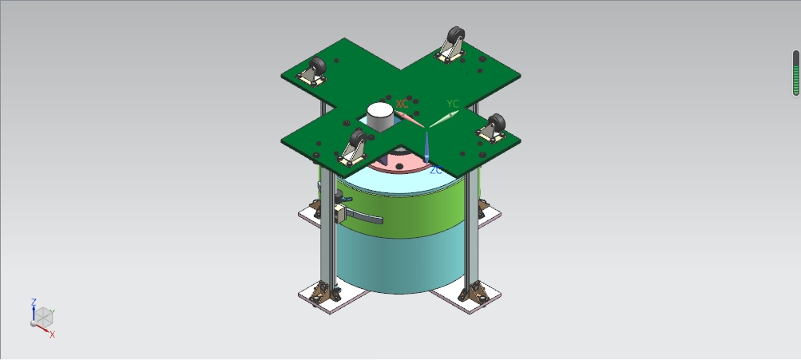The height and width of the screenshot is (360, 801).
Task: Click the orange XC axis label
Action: point(402,104)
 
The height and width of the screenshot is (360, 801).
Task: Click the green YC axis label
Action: point(453,105)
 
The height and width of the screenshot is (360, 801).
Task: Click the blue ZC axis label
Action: point(436,170)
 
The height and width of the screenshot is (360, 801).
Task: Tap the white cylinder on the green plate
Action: point(380,117)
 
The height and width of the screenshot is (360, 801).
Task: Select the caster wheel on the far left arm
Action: point(317,67)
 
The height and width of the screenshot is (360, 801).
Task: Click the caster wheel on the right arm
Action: point(496,124)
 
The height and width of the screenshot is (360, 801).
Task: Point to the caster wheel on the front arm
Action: point(358,139)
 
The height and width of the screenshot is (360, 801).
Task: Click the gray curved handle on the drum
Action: point(363,217)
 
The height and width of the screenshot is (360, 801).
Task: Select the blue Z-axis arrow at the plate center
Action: point(426,148)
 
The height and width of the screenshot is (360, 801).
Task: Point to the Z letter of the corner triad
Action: point(34,303)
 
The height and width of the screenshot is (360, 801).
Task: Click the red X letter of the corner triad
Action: point(52,335)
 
